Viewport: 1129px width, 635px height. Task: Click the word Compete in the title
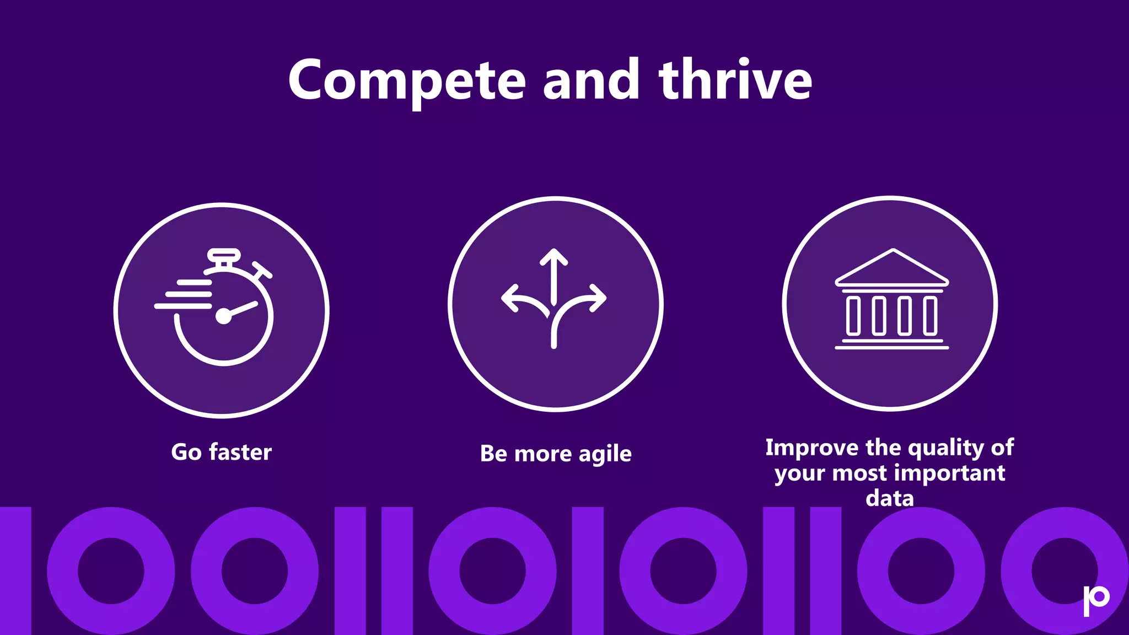coord(407,81)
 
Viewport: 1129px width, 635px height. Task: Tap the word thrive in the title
coord(735,80)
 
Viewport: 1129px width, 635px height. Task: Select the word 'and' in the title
coord(591,80)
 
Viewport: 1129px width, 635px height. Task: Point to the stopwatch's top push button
coord(223,255)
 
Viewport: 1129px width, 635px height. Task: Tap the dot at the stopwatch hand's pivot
coord(223,316)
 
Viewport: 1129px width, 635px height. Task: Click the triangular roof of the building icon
coord(891,269)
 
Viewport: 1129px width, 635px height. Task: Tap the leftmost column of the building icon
coord(853,316)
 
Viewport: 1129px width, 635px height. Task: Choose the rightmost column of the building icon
coord(930,316)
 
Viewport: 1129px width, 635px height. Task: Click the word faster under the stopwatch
coord(240,452)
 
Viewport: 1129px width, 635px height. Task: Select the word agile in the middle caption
coord(605,454)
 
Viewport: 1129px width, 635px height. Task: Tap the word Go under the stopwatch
coord(186,452)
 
